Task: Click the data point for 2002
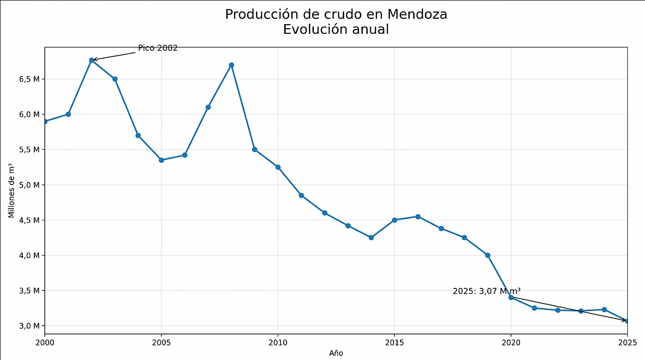point(92,60)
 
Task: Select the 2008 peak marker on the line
point(231,65)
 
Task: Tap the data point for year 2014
point(371,237)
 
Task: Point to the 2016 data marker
point(418,217)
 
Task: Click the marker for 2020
point(511,297)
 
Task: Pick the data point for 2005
point(161,160)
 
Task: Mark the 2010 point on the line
point(278,167)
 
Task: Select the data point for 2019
point(488,255)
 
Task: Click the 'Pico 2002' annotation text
point(158,48)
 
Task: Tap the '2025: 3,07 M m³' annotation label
point(486,291)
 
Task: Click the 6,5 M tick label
point(29,79)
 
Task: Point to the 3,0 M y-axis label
point(29,326)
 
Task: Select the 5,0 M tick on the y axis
point(29,185)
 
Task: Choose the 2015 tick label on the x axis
point(394,342)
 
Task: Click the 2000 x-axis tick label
point(45,342)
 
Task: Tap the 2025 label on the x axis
point(627,342)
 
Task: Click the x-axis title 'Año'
point(336,353)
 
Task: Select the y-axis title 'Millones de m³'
point(12,191)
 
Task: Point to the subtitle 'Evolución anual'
point(336,30)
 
